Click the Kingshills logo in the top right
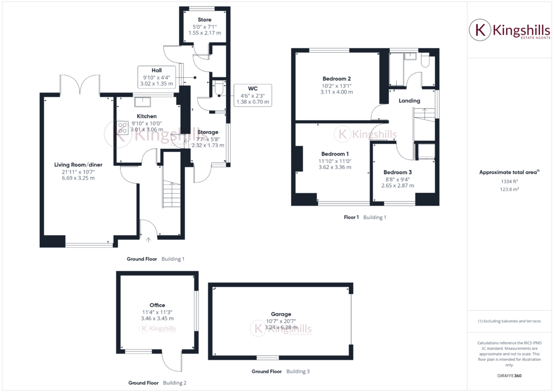[x=510, y=30]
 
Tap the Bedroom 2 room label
[x=337, y=78]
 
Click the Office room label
[x=157, y=305]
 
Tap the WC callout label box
[x=252, y=95]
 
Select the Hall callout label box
[x=157, y=77]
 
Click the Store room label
[x=205, y=20]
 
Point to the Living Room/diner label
[x=78, y=164]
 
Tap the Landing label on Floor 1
[x=409, y=101]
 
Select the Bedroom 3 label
[x=398, y=172]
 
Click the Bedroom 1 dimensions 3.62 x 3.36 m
[x=335, y=167]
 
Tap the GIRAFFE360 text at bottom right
[x=510, y=376]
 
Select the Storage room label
[x=208, y=132]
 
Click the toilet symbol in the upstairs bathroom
[x=426, y=62]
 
